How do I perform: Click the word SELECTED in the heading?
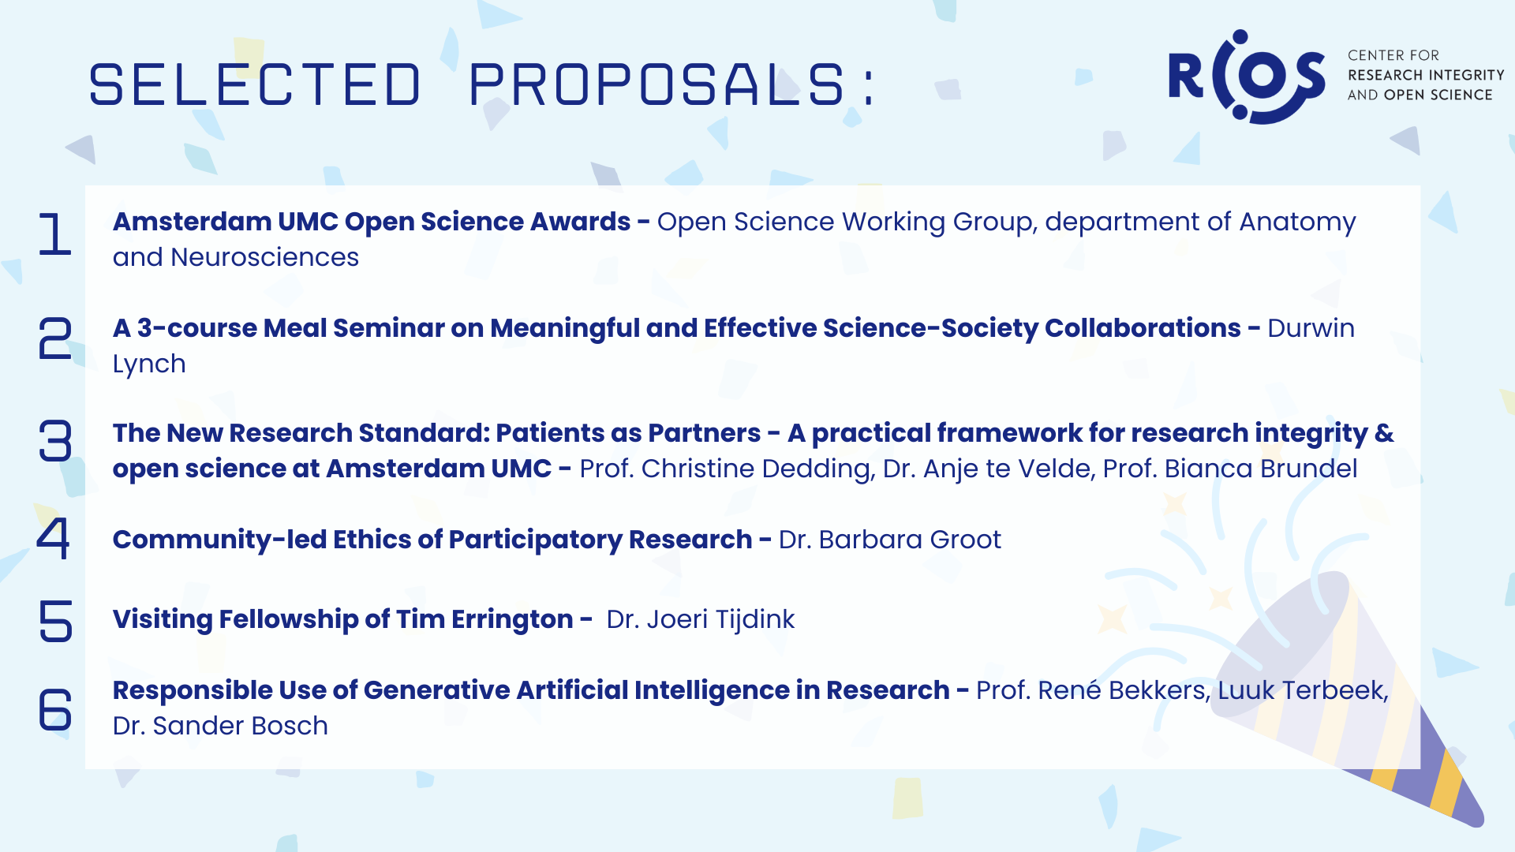tap(255, 84)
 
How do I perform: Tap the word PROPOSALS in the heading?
tap(656, 84)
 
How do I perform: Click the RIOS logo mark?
tap(1247, 77)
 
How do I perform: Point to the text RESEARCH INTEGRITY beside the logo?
tap(1426, 75)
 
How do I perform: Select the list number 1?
tap(54, 234)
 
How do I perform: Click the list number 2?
tap(54, 338)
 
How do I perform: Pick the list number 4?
tap(54, 538)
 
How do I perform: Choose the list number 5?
tap(54, 620)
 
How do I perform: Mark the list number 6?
tap(54, 708)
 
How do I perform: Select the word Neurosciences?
tap(265, 257)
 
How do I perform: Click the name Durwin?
tap(1311, 328)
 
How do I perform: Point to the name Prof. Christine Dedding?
tap(727, 469)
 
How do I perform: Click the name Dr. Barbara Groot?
tap(889, 540)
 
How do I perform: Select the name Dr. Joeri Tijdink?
tap(700, 619)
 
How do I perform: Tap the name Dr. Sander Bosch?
tap(220, 726)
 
